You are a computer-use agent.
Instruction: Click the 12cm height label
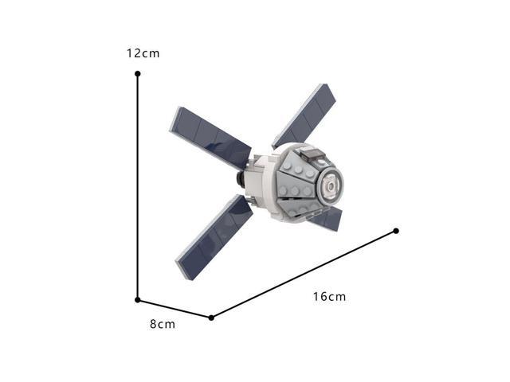143,53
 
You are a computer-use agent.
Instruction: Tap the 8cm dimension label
163,324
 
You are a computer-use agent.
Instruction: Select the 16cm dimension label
329,297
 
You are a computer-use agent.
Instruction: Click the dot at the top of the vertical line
138,74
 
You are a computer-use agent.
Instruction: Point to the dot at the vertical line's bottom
138,300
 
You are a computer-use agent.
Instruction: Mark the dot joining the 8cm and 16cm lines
211,318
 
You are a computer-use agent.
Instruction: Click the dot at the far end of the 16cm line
396,231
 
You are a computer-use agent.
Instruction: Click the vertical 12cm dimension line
138,187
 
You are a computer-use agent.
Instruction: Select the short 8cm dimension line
175,309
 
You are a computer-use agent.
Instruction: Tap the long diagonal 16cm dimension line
304,274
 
